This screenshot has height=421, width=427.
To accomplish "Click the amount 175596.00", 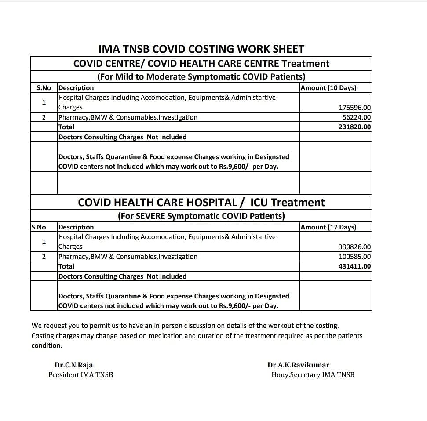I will tap(355, 107).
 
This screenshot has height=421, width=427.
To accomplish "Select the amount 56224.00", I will tap(357, 117).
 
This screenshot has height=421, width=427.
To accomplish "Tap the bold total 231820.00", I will tap(355, 127).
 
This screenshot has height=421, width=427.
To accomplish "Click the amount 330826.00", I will tap(355, 247).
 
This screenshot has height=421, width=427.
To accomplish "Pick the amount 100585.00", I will tap(355, 257).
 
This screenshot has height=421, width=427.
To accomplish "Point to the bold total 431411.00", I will tap(355, 266).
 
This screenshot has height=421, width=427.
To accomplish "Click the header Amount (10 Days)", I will tap(328, 88).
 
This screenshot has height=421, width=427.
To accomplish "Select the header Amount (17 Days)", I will tap(328, 227).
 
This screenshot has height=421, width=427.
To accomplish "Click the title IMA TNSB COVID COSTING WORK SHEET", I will tap(201, 49).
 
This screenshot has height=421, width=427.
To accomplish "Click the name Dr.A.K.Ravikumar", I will tap(298, 365).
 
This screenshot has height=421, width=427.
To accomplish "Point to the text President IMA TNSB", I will tap(80, 375).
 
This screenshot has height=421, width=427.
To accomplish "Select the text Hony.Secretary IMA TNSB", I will tap(313, 375).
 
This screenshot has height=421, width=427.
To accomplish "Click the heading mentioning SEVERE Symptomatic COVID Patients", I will tap(201, 216).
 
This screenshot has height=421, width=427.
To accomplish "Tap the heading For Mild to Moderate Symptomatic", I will tap(201, 76).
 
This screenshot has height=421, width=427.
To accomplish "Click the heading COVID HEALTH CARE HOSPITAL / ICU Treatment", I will tap(201, 203).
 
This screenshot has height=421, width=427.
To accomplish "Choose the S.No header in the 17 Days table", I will tap(39, 227).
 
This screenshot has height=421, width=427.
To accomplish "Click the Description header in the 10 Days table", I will tap(76, 88).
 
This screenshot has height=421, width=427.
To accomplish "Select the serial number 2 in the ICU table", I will tap(44, 257).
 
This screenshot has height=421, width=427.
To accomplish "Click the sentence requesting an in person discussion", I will tap(185, 326).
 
